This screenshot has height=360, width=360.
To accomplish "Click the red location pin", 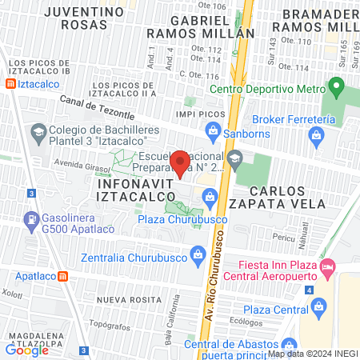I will (x=181, y=163).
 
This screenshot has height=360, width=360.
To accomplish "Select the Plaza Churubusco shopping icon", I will (x=209, y=196).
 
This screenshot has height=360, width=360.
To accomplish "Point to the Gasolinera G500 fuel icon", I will (x=31, y=218).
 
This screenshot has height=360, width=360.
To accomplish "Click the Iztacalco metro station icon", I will (x=9, y=84).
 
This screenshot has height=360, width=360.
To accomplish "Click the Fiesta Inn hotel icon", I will (x=326, y=266).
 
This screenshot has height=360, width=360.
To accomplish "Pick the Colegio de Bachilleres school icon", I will (x=38, y=130).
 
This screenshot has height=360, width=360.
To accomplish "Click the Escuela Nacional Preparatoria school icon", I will (x=234, y=158).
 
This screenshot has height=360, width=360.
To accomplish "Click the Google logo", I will (x=27, y=349).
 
